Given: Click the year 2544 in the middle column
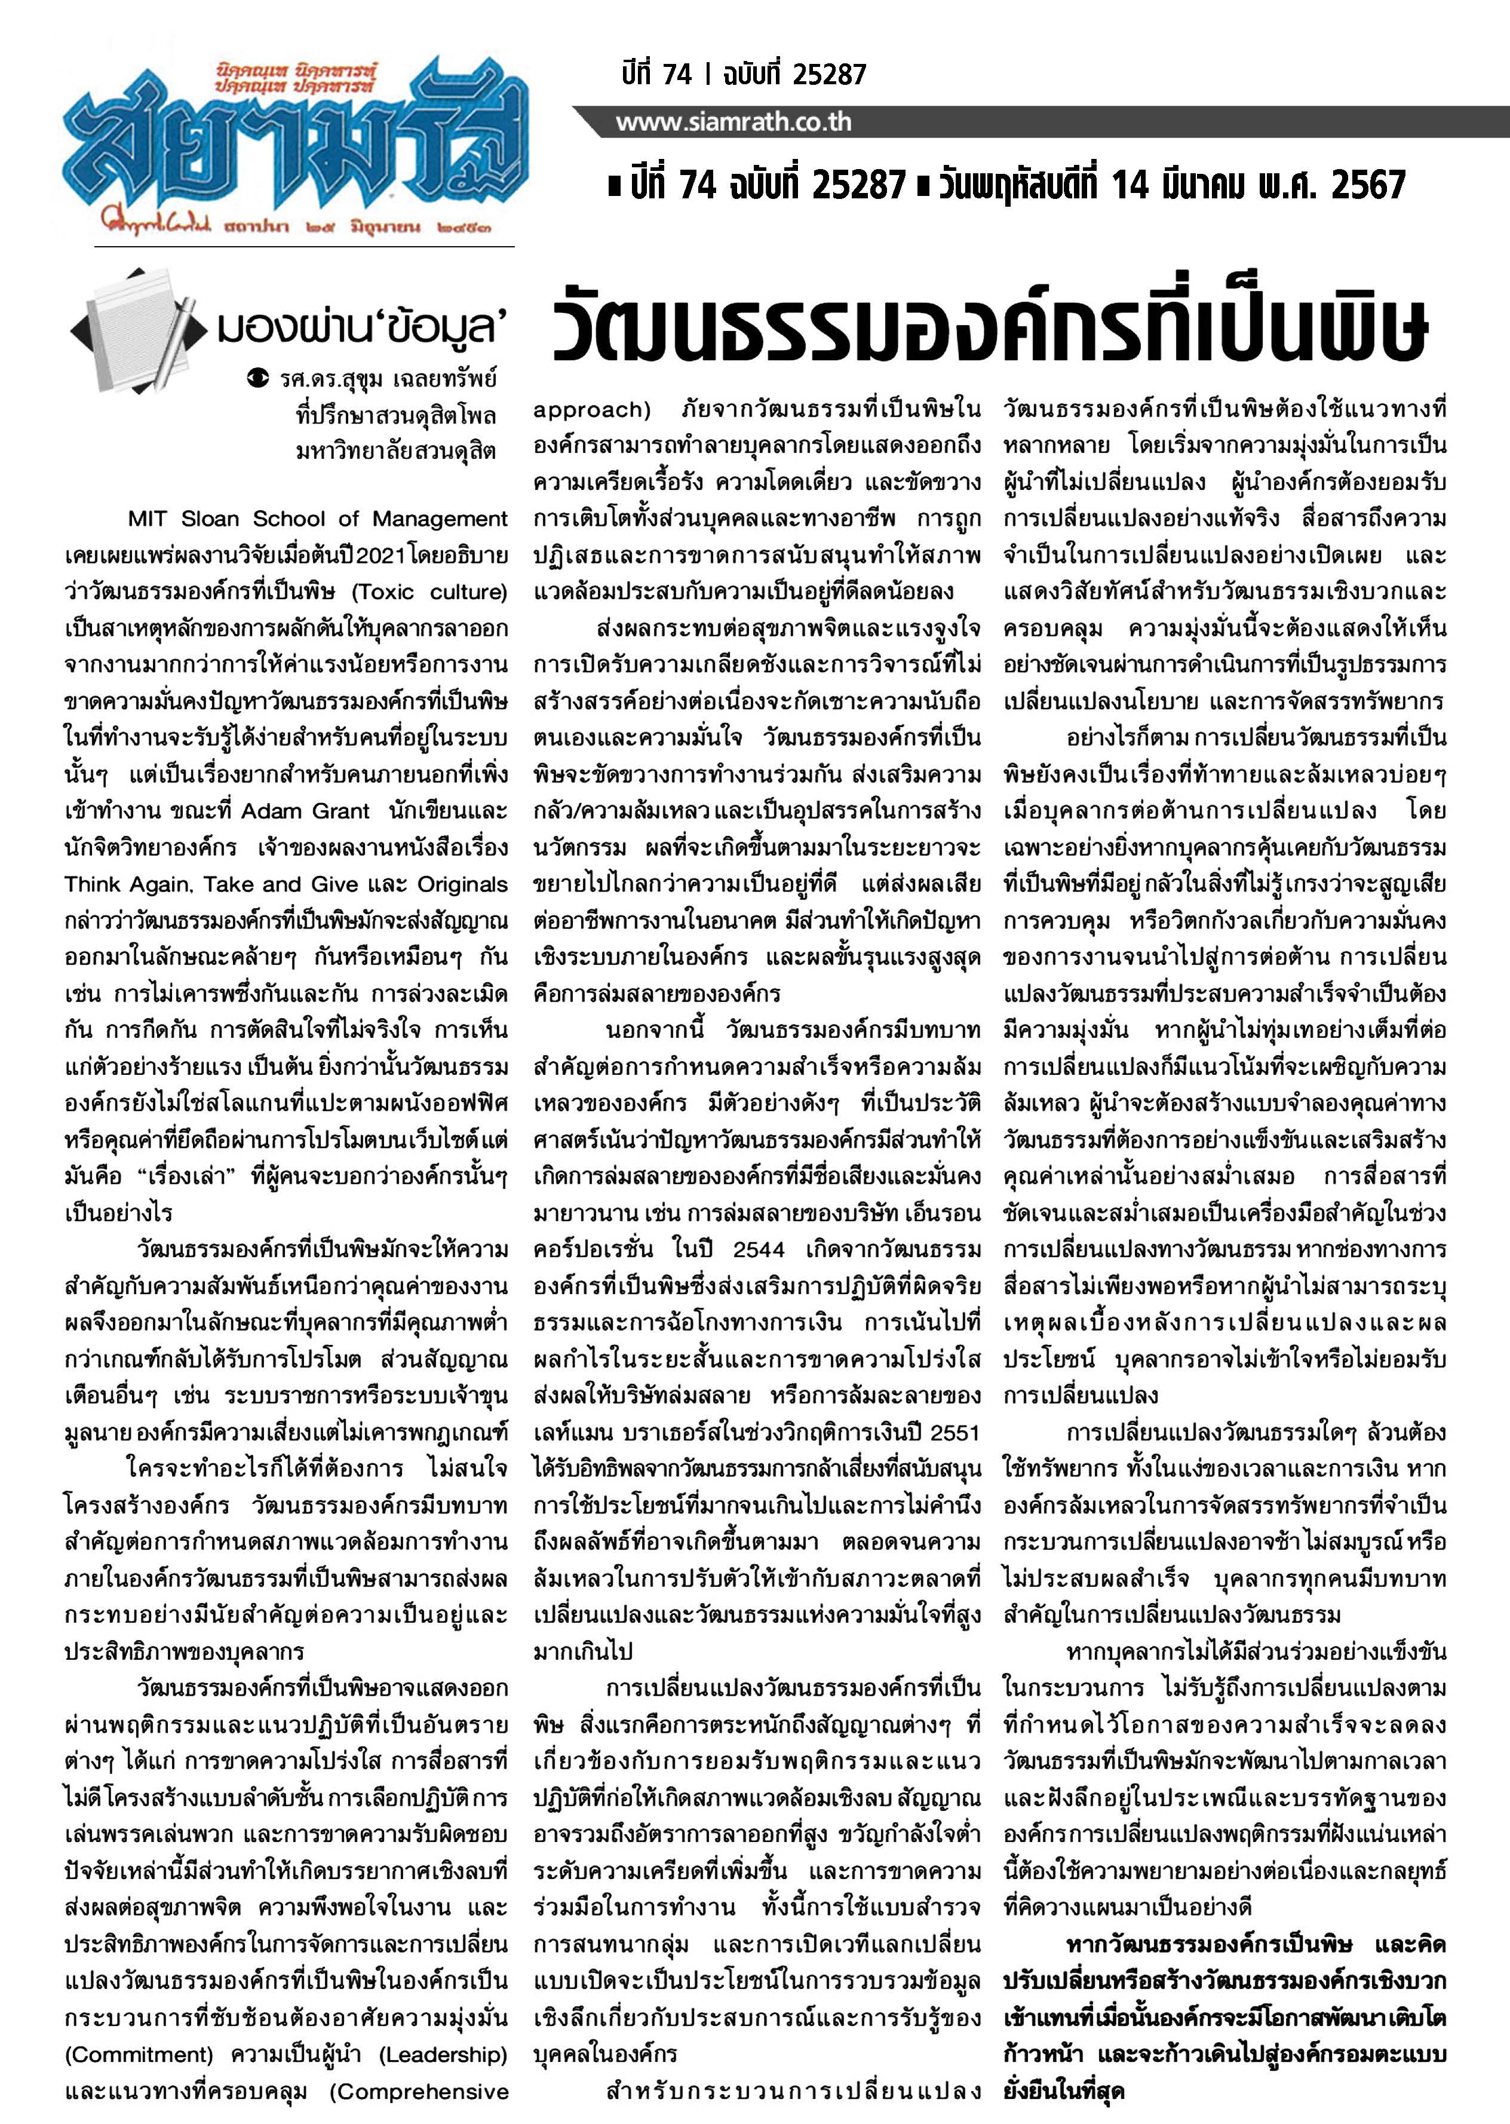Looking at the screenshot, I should click(759, 1249).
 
